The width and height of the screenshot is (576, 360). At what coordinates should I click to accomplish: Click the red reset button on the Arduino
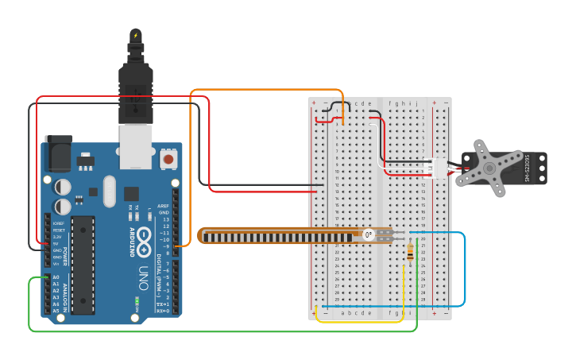168,160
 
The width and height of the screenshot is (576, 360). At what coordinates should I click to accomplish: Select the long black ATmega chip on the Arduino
83,264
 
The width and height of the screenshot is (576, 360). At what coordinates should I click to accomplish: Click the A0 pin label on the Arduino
56,277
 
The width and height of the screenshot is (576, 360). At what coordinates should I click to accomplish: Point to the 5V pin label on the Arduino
57,244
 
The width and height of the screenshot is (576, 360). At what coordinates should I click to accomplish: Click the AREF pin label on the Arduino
164,206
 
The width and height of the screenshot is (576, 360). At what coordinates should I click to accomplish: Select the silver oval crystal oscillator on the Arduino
109,191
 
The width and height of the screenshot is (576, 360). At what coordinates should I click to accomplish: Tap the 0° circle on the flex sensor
368,234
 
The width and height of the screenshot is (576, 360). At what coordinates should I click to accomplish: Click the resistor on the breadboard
409,252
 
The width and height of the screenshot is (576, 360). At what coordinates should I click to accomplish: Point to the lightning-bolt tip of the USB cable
136,36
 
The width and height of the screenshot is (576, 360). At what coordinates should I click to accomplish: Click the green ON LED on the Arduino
137,302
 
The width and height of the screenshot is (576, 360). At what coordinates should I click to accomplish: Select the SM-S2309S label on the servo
527,168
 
